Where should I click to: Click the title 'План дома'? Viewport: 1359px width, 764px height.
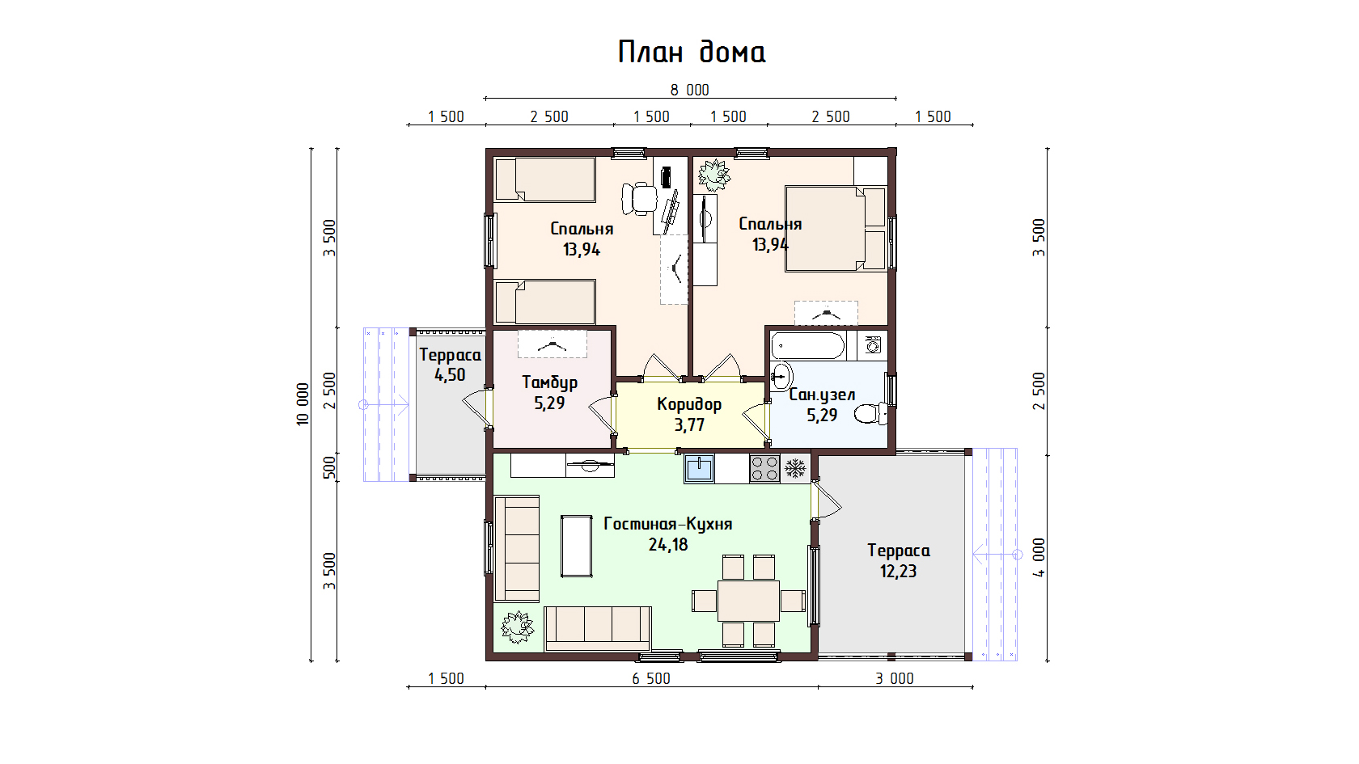click(692, 52)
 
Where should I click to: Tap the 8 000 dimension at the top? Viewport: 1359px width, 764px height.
click(689, 91)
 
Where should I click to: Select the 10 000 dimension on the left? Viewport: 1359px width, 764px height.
click(303, 404)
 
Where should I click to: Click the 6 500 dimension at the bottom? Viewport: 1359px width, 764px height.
click(651, 678)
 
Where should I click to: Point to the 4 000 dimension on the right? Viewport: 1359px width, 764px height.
click(1039, 557)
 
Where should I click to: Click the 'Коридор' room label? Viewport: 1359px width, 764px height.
click(689, 404)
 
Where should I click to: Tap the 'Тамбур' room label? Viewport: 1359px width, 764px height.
click(550, 382)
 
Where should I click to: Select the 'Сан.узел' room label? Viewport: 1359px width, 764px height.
click(822, 395)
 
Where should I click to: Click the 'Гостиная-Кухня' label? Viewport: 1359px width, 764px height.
click(668, 523)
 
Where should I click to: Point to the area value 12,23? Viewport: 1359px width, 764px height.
click(898, 571)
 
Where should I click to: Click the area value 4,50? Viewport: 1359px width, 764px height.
click(450, 375)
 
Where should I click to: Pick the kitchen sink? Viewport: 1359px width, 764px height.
click(699, 469)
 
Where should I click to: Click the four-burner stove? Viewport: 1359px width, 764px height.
click(764, 469)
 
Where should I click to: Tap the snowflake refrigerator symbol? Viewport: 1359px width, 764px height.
click(794, 469)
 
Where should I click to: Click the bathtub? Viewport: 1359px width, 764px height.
click(807, 346)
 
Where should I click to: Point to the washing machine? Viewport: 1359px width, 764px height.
click(872, 346)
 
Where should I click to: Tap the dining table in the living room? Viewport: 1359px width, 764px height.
click(748, 600)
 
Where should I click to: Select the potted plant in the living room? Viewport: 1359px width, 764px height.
click(517, 627)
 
